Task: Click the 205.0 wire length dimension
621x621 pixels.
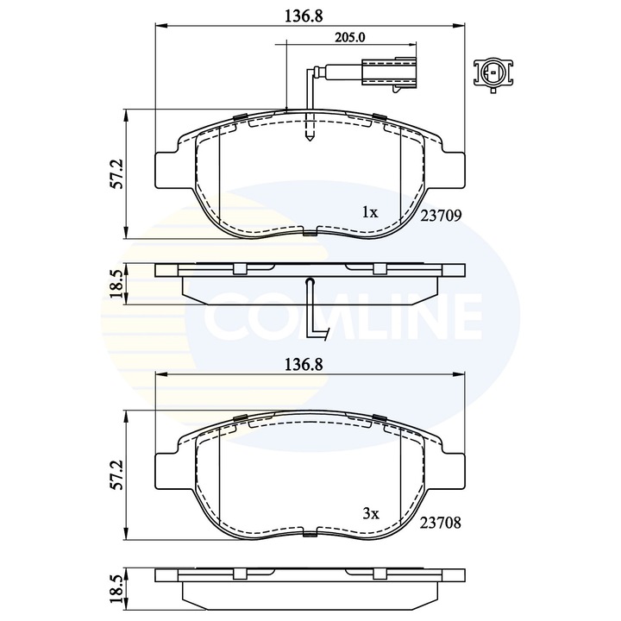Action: pyautogui.click(x=349, y=37)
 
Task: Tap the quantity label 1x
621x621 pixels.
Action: pyautogui.click(x=369, y=211)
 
